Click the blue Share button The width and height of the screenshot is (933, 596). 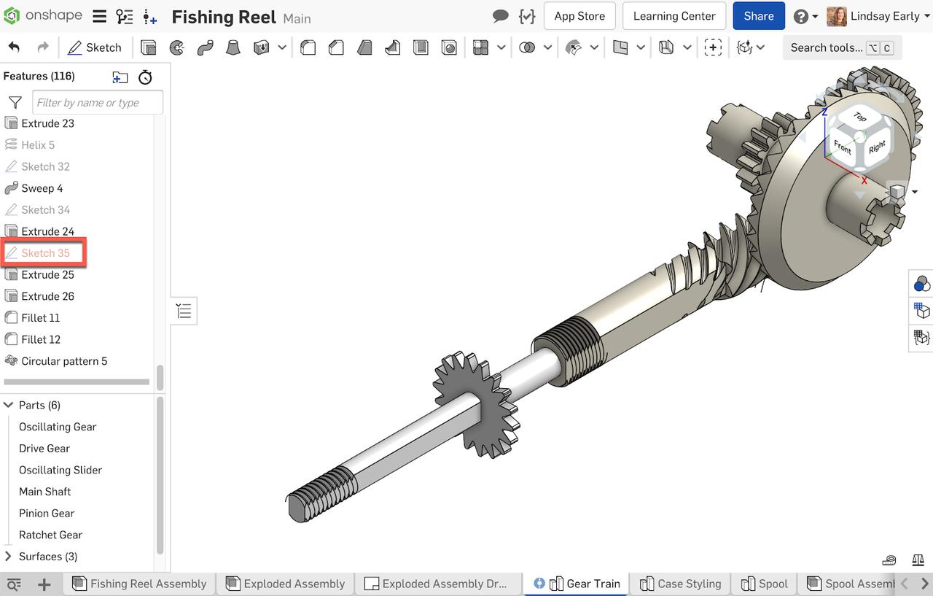click(758, 16)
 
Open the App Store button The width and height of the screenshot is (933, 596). click(579, 16)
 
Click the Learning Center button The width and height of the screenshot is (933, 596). click(674, 16)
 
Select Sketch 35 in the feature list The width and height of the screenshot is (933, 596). click(45, 253)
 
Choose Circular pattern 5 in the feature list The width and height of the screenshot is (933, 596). click(64, 361)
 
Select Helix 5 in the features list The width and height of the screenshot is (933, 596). click(38, 145)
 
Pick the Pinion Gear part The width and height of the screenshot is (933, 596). click(47, 514)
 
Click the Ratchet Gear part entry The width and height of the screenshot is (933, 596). click(50, 535)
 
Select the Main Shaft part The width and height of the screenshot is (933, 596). click(44, 492)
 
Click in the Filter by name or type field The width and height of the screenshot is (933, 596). click(97, 103)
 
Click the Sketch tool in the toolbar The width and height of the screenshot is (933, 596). click(95, 47)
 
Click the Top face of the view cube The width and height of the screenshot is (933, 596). click(859, 117)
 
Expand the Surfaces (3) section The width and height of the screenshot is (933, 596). click(9, 557)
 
